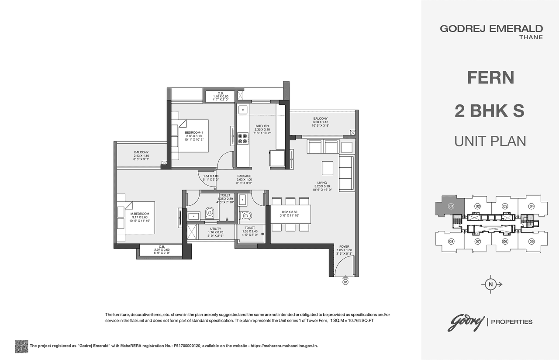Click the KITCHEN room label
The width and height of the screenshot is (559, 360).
click(x=262, y=126)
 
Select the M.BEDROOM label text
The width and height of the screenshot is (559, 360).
click(x=140, y=214)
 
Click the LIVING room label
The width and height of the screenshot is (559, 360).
click(x=322, y=183)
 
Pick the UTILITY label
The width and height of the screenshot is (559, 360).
click(x=215, y=228)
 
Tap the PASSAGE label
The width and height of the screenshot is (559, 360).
click(x=244, y=176)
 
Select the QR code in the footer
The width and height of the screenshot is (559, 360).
click(x=21, y=346)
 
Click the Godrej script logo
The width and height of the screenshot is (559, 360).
click(x=465, y=322)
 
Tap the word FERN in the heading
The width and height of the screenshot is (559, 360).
click(x=490, y=78)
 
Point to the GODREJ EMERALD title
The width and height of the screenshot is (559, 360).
click(x=491, y=29)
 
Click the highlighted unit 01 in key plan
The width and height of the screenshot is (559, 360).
click(x=452, y=206)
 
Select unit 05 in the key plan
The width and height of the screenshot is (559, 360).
click(x=531, y=241)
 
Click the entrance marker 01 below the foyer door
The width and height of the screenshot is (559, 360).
click(x=345, y=282)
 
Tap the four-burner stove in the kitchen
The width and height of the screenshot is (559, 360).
click(x=243, y=139)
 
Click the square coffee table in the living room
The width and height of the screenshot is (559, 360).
click(x=327, y=168)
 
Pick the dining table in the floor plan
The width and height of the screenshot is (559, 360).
click(x=290, y=214)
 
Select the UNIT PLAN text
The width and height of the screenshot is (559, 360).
click(x=490, y=141)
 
